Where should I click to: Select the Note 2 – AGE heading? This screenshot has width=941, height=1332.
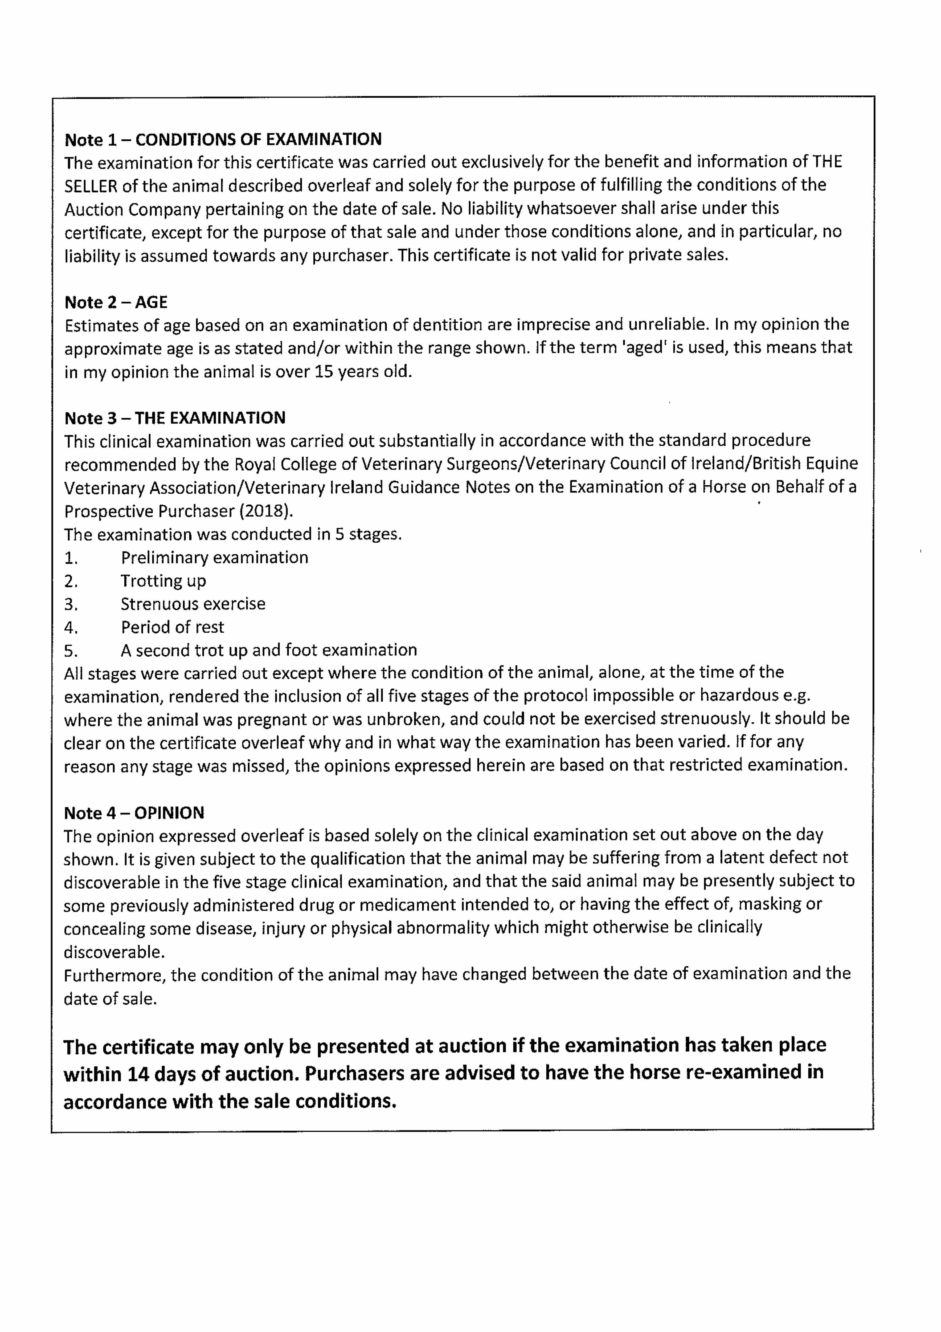pos(116,302)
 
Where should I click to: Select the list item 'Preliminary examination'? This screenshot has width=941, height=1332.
pos(214,558)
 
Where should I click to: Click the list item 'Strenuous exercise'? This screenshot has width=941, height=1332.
pos(193,604)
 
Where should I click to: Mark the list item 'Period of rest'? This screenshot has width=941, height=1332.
pos(172,627)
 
